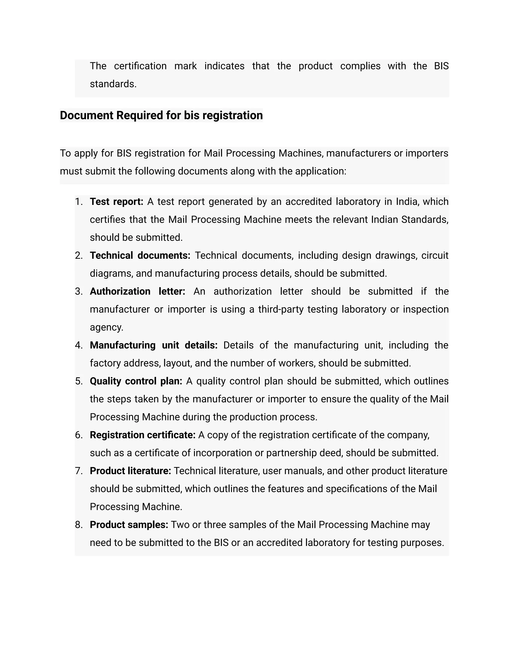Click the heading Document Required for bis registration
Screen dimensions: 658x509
click(x=161, y=115)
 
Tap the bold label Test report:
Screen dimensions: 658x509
click(x=116, y=202)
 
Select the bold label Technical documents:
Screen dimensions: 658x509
click(x=140, y=256)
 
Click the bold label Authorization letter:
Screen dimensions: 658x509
click(x=137, y=291)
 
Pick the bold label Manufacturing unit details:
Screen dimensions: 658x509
click(x=154, y=345)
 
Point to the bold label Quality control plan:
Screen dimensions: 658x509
click(x=136, y=381)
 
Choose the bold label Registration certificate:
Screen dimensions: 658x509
click(x=143, y=435)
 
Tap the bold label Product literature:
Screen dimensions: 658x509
click(x=130, y=471)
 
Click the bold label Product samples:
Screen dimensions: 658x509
click(x=129, y=525)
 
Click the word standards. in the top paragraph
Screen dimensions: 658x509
click(x=113, y=84)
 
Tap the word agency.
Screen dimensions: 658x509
click(x=106, y=327)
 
